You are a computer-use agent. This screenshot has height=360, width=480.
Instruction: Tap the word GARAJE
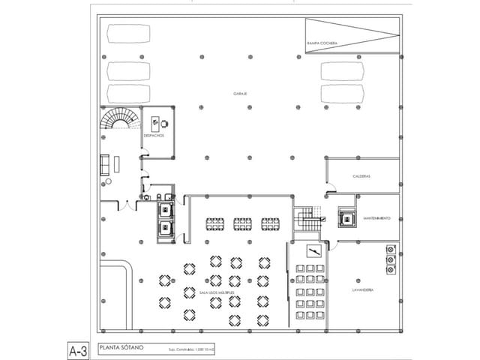pyautogui.click(x=240, y=94)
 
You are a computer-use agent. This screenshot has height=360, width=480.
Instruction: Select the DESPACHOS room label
pyautogui.click(x=154, y=136)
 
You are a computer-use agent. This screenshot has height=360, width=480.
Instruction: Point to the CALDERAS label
pyautogui.click(x=363, y=177)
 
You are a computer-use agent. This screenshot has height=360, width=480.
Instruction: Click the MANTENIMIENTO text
pyautogui.click(x=376, y=218)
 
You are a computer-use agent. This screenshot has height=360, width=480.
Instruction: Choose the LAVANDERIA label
pyautogui.click(x=362, y=289)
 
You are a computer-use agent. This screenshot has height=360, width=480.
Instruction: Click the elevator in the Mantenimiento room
pyautogui.click(x=346, y=217)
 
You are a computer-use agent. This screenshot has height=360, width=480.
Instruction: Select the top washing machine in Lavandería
pyautogui.click(x=390, y=250)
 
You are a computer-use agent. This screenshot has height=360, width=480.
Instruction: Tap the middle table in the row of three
pyautogui.click(x=242, y=223)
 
